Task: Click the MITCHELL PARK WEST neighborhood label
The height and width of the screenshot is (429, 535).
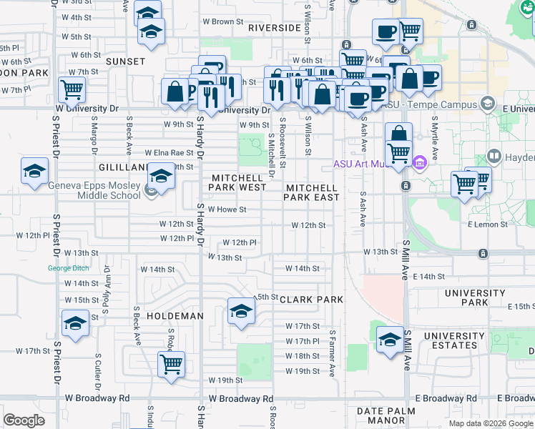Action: [237, 182]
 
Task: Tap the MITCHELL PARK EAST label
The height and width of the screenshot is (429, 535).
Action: [313, 192]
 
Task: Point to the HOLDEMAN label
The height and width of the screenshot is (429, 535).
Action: [171, 315]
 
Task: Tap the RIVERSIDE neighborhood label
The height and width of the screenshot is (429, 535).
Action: [275, 28]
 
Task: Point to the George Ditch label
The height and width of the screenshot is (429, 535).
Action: [69, 269]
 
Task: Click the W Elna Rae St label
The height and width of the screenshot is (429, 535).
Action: [170, 152]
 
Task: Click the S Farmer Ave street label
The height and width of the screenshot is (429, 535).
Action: [333, 352]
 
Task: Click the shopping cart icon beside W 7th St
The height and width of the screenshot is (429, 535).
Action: [72, 91]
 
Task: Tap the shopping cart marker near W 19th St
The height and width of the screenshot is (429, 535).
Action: [172, 364]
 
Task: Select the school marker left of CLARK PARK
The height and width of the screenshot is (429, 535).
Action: [241, 310]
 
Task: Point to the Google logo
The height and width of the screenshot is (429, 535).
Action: [24, 420]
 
